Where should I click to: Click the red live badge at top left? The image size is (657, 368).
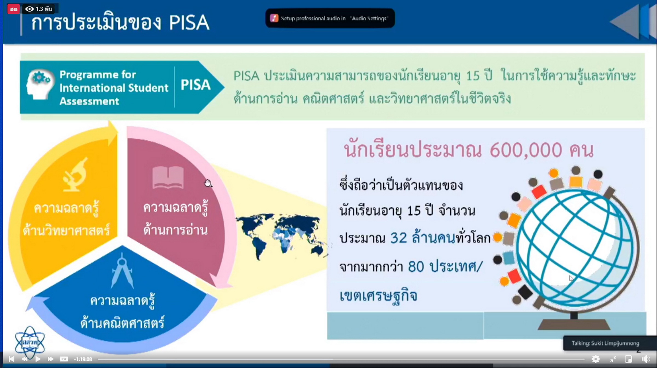pos(13,9)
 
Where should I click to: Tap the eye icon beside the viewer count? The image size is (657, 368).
pos(29,9)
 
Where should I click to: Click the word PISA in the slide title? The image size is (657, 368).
pos(189,22)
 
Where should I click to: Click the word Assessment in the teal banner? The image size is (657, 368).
pos(89,101)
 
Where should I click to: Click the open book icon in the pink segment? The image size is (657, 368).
pos(168,177)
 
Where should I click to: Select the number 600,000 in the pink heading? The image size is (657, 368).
pos(526,150)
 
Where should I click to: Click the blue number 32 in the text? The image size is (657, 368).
pos(399,238)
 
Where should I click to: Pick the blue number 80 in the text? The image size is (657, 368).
pos(416,266)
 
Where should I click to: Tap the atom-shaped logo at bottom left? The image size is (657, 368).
pos(30,342)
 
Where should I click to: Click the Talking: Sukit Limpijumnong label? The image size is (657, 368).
pos(605,343)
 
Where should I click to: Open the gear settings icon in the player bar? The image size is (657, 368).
pos(595,359)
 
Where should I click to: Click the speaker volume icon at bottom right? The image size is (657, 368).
pos(646,359)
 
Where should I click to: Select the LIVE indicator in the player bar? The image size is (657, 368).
pos(64,359)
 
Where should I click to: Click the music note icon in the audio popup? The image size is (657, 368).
pos(274,18)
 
